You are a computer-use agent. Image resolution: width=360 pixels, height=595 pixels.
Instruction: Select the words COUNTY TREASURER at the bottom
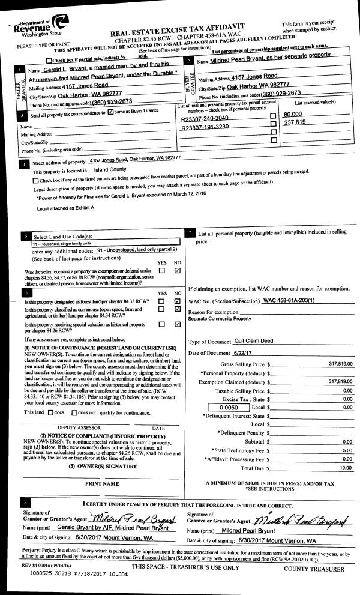(x=314, y=568)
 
